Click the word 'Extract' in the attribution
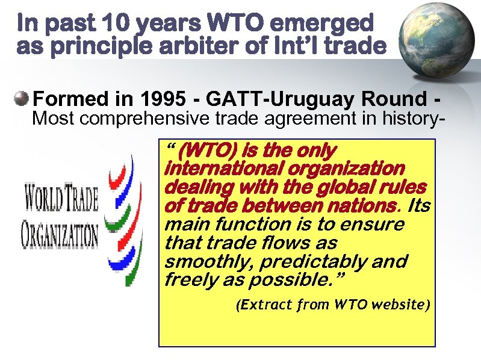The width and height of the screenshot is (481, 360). point(263,305)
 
